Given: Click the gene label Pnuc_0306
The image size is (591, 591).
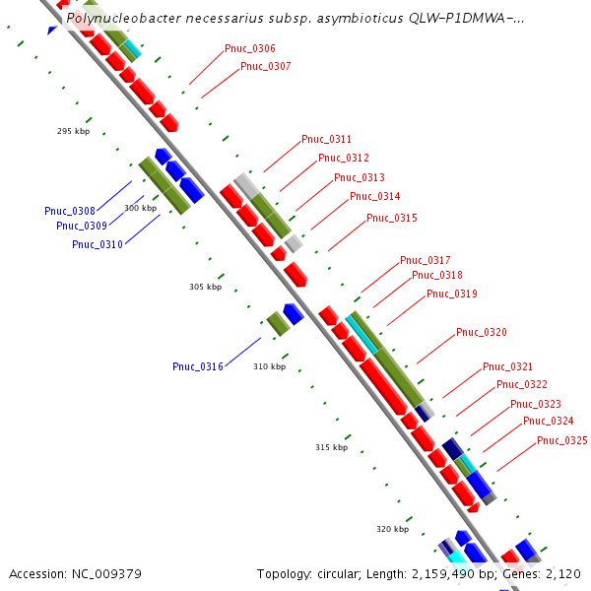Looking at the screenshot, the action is point(250,48).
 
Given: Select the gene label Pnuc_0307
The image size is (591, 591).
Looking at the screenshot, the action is point(266,66).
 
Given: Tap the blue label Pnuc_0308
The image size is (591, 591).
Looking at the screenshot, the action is point(70,211).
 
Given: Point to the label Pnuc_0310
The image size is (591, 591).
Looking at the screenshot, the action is point(98,244).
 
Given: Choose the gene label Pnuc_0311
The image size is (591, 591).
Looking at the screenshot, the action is point(326,139).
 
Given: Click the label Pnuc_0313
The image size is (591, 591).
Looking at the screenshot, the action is point(360,177).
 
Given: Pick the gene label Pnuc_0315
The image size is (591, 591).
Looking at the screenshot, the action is point(392,218).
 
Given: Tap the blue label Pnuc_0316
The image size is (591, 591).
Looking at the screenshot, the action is point(198,366).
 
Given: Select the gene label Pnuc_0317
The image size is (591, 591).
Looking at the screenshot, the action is point(425,260).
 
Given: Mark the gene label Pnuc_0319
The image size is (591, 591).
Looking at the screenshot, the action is point(452,294).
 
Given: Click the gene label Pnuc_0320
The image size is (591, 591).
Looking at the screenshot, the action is point(482,332).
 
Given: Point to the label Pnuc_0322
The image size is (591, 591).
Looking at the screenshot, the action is point(522,384).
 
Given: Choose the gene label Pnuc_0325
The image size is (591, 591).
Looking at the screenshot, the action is point(562,440).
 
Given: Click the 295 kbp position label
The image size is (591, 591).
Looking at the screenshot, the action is point(74,131).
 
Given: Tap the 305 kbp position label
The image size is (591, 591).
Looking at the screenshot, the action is point(206,287).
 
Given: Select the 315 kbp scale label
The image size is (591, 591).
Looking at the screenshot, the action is point(332,447).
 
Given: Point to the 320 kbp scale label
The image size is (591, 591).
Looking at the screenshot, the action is point(392,529).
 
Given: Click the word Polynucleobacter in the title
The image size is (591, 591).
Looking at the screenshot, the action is point(126,18).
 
